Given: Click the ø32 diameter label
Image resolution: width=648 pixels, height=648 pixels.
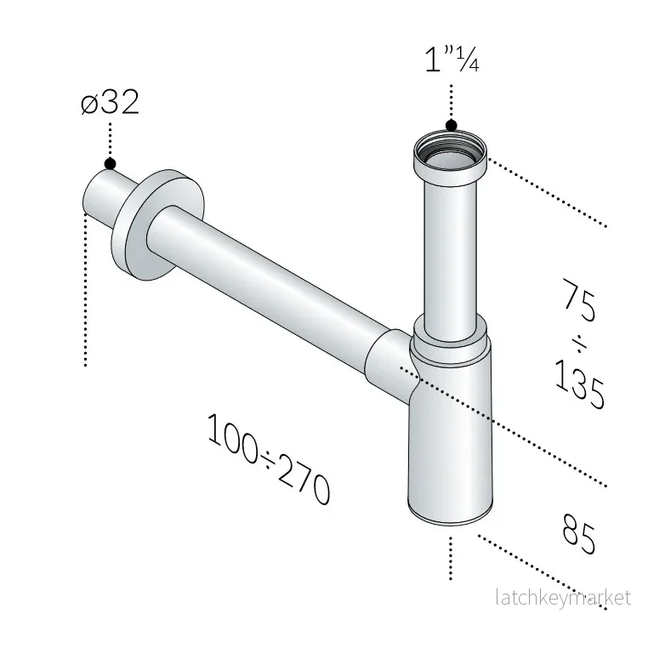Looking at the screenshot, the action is tap(110, 102).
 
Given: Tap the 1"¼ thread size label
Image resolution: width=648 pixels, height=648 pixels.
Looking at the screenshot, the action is tap(452, 60).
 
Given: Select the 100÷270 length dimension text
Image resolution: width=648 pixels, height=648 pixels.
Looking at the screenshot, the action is tap(269, 458).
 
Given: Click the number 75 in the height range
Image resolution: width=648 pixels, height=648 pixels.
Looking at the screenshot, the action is tap(580, 299).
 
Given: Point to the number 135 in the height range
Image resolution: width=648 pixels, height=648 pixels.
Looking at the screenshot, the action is tap(579, 384).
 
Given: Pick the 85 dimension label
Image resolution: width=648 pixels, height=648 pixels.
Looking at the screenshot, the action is tap(579, 533).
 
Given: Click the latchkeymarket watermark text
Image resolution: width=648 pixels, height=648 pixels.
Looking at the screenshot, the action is tap(563, 598).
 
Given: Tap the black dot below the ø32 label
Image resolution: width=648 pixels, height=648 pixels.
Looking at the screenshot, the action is tap(110, 163).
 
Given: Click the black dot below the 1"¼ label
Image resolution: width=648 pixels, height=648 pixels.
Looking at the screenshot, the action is tap(452, 125).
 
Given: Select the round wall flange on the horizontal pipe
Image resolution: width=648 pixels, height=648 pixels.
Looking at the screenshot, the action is tap(157, 225).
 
